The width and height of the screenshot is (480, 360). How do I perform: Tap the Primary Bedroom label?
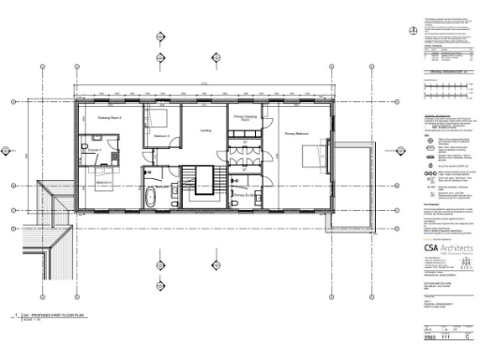[x=297, y=135]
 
